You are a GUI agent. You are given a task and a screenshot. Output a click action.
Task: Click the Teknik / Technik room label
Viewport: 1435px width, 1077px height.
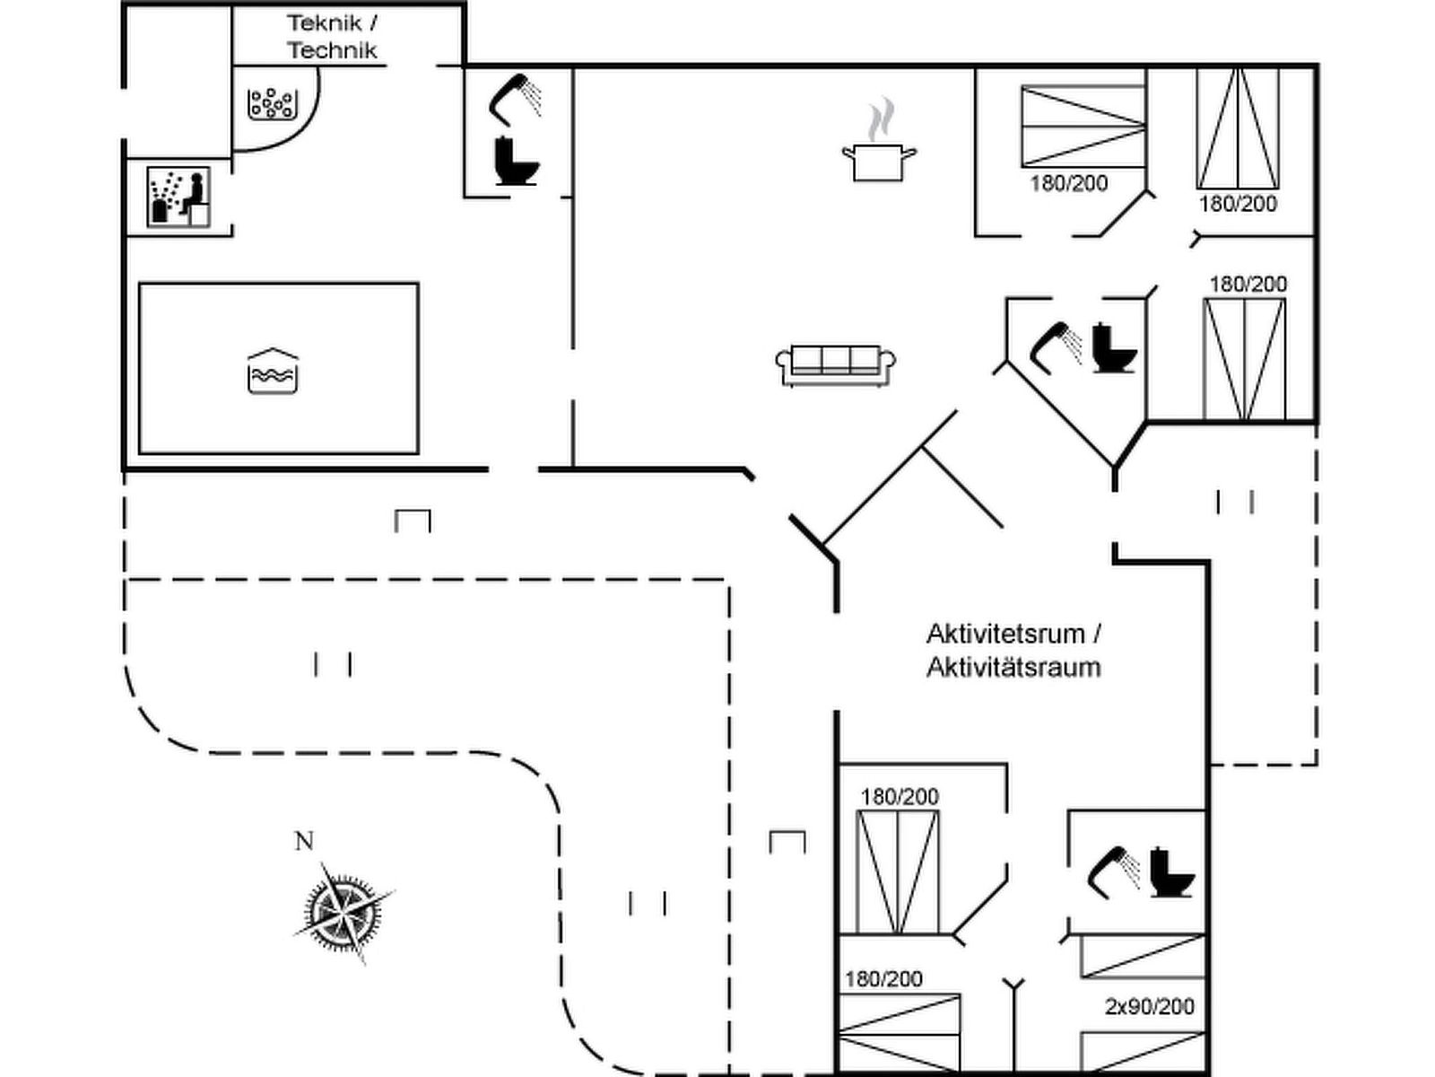[332, 37]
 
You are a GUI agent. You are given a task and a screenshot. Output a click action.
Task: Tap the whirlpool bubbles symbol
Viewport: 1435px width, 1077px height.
[270, 104]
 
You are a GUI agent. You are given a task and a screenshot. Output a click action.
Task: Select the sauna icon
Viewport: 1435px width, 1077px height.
[178, 197]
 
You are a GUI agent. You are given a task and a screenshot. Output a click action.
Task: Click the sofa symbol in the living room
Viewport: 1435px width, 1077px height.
[835, 364]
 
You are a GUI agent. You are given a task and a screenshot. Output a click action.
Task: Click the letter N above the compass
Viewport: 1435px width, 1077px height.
[304, 841]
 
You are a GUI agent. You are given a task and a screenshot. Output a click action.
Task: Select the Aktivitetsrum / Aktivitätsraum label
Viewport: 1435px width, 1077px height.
[1013, 650]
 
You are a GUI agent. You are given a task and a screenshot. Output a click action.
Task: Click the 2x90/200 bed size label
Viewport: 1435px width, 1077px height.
[1149, 1007]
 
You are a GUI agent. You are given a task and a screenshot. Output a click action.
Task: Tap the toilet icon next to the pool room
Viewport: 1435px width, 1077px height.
[516, 162]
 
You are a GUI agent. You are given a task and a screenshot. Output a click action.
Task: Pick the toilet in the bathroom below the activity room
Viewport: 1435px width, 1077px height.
[1172, 872]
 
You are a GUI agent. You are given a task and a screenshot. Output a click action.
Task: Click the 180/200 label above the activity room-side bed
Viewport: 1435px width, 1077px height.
[900, 797]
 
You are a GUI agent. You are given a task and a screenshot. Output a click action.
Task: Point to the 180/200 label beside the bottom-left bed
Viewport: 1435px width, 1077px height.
[883, 979]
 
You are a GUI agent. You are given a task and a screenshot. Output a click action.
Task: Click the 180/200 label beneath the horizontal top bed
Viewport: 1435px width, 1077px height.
[1068, 184]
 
